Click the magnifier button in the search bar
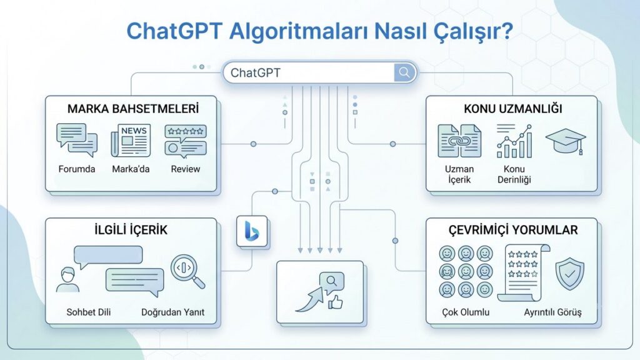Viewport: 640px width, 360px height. click(x=404, y=72)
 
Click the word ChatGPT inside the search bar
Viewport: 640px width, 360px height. click(x=256, y=72)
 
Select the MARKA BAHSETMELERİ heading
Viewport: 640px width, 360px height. click(x=133, y=109)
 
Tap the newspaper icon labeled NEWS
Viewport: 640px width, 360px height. click(x=131, y=141)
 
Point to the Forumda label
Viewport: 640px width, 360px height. click(x=77, y=169)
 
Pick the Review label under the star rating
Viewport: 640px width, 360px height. click(x=185, y=169)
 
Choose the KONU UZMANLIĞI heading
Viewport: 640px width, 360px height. click(x=513, y=109)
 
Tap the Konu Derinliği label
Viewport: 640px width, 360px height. click(x=514, y=174)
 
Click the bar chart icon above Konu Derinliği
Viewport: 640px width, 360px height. click(x=514, y=141)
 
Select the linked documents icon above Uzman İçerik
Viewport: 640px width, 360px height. click(x=459, y=141)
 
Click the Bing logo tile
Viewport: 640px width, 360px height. click(x=252, y=231)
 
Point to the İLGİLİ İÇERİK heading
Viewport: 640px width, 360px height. click(x=131, y=230)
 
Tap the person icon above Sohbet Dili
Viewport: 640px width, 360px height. click(x=67, y=279)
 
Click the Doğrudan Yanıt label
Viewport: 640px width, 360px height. click(x=172, y=312)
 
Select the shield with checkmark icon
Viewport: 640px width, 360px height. click(x=570, y=274)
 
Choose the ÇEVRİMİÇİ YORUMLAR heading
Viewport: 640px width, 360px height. click(x=513, y=230)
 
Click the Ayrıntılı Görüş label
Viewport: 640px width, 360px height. click(x=552, y=312)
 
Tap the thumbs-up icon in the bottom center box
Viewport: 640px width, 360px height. click(x=335, y=302)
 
